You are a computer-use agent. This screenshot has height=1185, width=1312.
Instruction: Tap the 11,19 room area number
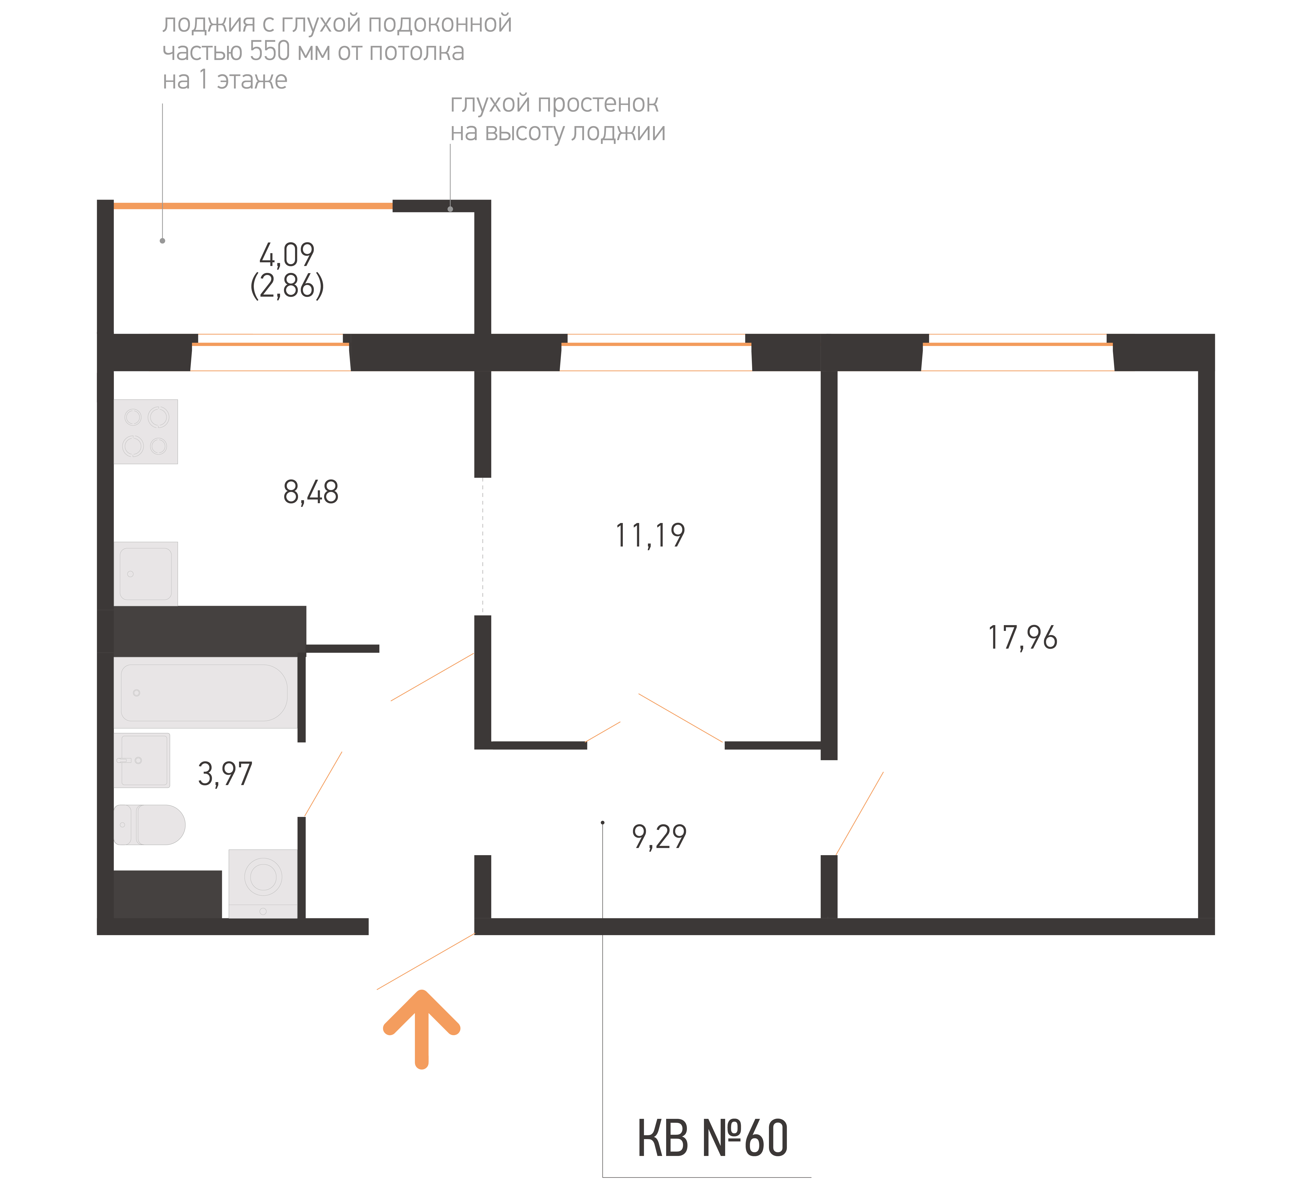click(650, 535)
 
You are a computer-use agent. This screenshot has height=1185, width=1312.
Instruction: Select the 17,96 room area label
click(1022, 638)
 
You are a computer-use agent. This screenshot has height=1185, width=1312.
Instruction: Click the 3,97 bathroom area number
click(225, 774)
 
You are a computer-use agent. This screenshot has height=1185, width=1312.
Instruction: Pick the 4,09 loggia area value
click(287, 254)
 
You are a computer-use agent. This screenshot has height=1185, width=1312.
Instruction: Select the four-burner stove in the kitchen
click(146, 431)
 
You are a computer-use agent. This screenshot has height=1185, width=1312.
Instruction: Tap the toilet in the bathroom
click(150, 824)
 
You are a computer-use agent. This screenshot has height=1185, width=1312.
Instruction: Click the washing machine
click(263, 883)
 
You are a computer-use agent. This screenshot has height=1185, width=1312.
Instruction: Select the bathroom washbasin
click(142, 760)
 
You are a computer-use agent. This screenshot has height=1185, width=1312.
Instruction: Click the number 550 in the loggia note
click(270, 51)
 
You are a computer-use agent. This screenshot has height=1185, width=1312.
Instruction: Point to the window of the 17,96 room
click(1018, 352)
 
